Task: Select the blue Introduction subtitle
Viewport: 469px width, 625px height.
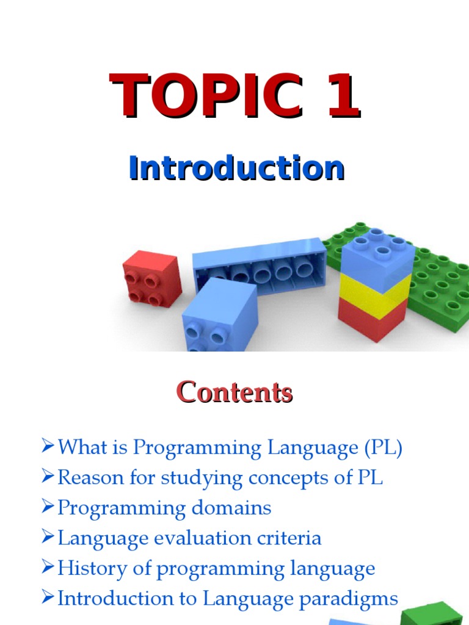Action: [x=236, y=168]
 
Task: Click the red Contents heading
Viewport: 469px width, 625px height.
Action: [x=234, y=392]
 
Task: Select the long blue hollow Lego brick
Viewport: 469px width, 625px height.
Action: [x=260, y=264]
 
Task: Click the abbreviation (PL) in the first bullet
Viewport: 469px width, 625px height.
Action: [x=383, y=448]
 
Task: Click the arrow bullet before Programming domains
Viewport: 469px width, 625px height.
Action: [x=48, y=508]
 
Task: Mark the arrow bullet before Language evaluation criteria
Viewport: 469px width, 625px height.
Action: [x=48, y=538]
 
